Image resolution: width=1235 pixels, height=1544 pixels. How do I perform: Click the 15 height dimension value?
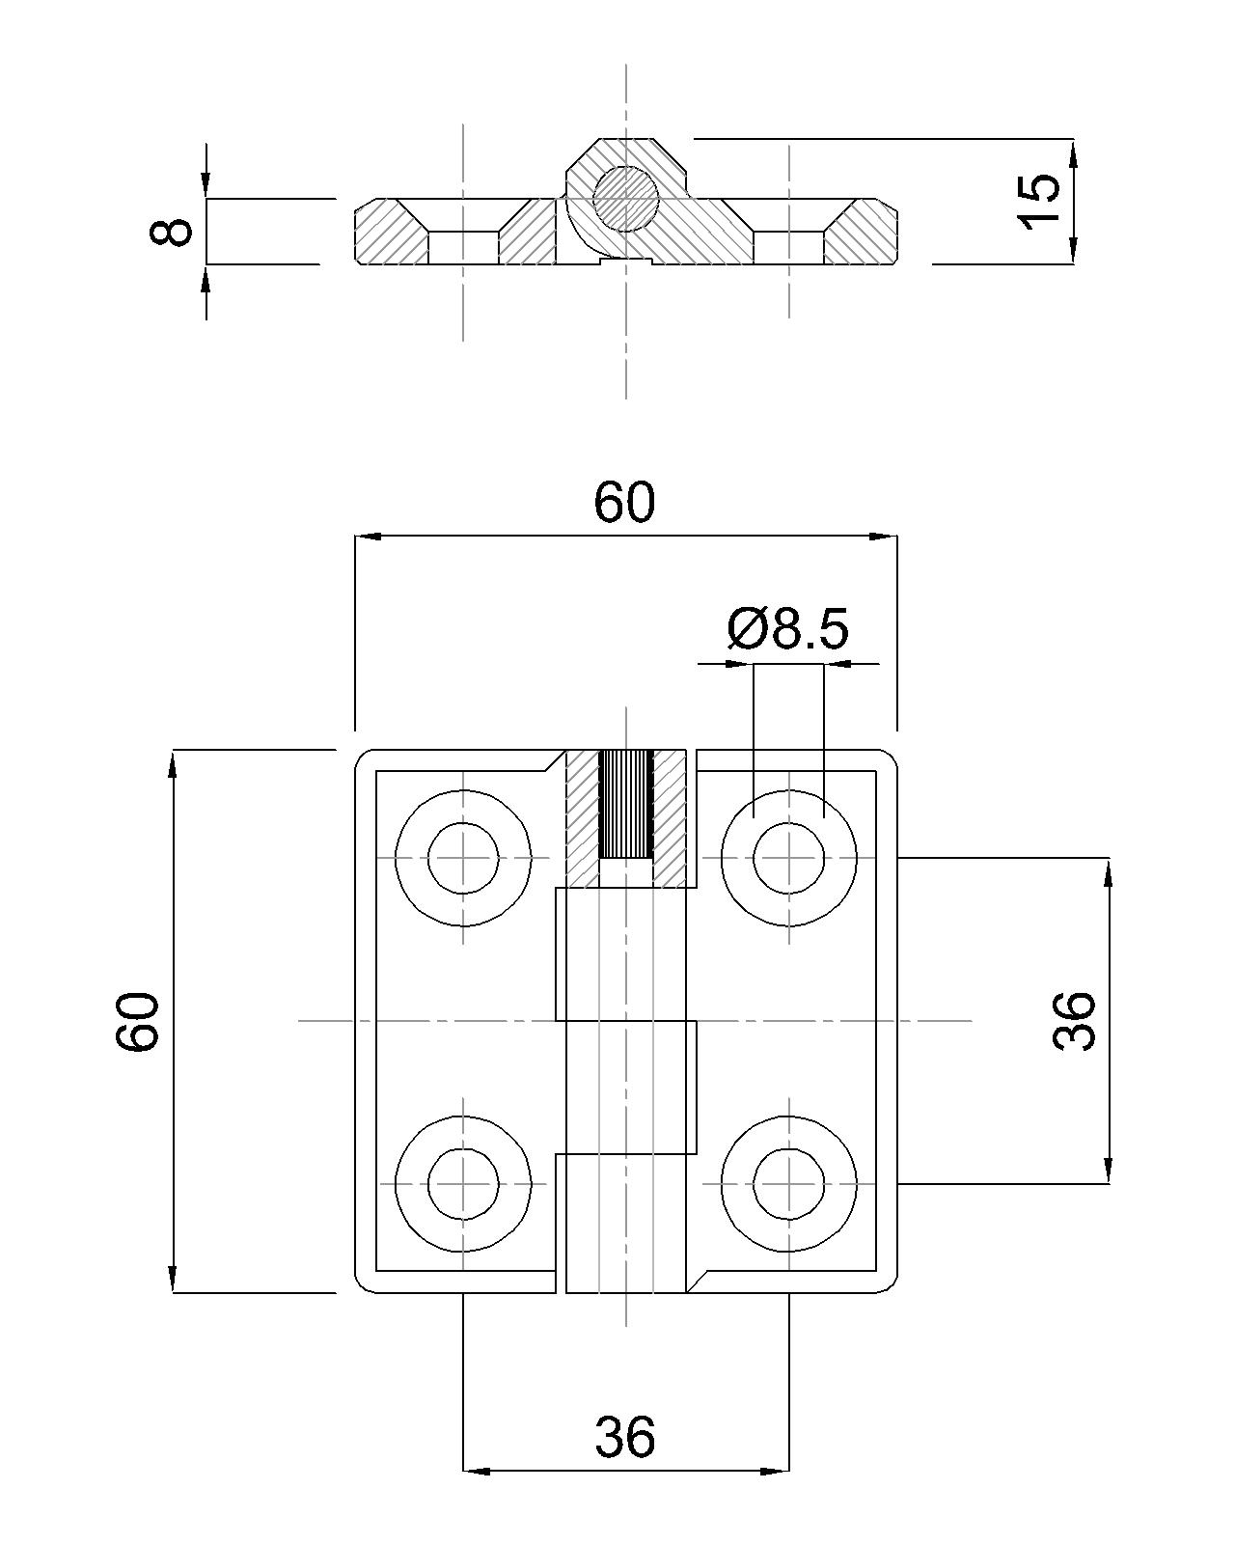[x=1039, y=201]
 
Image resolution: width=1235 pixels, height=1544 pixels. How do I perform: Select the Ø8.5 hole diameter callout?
[x=787, y=629]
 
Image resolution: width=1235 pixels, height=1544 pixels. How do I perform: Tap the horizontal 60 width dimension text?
[x=624, y=503]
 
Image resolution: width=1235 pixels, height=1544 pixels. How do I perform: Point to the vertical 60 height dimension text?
[x=137, y=1020]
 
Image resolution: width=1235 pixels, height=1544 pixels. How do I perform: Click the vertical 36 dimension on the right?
[x=1074, y=1020]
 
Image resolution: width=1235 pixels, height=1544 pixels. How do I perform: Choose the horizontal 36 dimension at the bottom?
[x=624, y=1436]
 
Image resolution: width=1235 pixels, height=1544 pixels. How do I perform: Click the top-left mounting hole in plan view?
[x=463, y=858]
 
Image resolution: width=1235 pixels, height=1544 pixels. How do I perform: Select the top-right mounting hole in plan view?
[x=788, y=858]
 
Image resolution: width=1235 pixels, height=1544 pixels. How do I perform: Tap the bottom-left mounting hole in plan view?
[x=463, y=1183]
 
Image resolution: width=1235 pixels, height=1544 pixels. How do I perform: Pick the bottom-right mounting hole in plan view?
[x=788, y=1183]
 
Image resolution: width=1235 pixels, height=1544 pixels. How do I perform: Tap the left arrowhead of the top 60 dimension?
[x=367, y=537]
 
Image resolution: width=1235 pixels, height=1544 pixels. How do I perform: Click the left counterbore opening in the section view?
[x=463, y=247]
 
